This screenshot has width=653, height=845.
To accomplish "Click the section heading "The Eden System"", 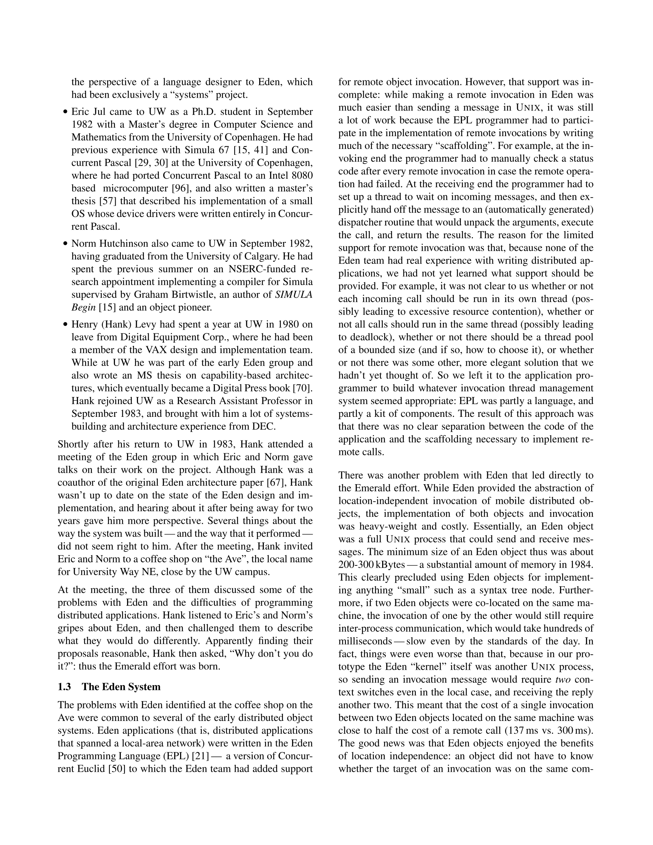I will pos(121,687).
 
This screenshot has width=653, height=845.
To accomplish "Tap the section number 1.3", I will pos(64,687).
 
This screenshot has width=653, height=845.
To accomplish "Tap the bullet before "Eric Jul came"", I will pos(66,112).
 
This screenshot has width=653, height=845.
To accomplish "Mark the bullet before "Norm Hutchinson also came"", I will pos(66,244).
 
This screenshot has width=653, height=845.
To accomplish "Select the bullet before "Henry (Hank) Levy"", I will pos(66,325).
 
